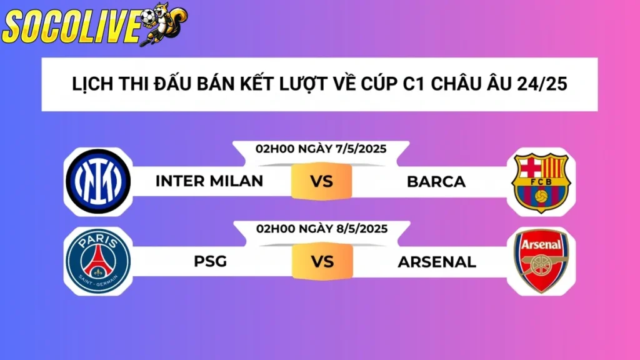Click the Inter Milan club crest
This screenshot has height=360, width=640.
pos(98,181)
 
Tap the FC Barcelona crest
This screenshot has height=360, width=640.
pos(540,182)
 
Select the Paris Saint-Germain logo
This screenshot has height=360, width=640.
pos(98,261)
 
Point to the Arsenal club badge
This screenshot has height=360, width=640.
pos(540,261)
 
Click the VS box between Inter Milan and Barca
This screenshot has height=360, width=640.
pos(321,182)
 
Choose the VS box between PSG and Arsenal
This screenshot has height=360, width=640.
pos(321,261)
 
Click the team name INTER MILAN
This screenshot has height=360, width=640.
pos(209,181)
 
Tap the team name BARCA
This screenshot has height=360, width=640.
pos(436,182)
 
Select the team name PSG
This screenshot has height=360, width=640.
pos(209,261)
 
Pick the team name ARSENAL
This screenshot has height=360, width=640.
pos(436,261)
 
